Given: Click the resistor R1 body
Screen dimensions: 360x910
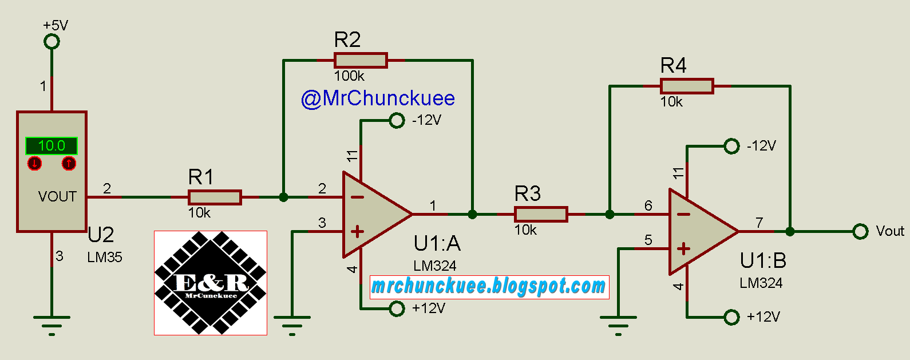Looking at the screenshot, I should point(215,197).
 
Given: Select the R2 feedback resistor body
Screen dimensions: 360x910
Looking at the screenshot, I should point(361,60).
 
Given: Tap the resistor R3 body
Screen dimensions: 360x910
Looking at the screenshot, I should point(541,215).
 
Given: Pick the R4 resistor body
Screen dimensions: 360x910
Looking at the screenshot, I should point(687,86).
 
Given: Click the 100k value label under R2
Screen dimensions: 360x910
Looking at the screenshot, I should point(349,76).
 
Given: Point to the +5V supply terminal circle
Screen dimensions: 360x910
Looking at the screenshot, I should point(52,41).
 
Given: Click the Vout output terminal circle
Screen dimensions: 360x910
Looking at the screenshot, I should point(860,232).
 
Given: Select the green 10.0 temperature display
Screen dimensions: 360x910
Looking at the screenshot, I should point(51,145).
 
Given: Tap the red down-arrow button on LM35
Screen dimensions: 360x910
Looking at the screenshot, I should point(35,164).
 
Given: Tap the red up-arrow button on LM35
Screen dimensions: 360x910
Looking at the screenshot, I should point(69,164).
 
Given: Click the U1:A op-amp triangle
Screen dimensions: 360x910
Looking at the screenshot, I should point(372,215).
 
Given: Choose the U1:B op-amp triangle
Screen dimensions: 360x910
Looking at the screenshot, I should point(698,232).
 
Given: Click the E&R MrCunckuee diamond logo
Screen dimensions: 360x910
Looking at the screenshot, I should point(211,283).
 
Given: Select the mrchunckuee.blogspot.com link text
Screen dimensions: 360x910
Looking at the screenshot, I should point(489,286).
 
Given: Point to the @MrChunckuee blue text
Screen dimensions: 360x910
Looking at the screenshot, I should point(378,98).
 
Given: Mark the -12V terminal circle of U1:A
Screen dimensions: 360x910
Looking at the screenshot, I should point(397,120).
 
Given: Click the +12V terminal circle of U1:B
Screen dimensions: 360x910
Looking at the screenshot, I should point(731,317).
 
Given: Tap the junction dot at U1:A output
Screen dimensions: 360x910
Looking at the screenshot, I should point(472,215).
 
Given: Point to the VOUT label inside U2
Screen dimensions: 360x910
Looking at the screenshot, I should point(57,197).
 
